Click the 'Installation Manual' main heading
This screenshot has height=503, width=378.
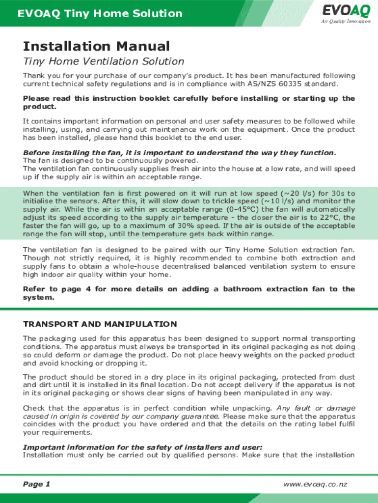pos(96,47)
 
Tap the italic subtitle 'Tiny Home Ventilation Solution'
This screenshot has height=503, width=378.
pos(104,62)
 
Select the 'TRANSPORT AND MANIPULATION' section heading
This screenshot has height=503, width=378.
pos(100,324)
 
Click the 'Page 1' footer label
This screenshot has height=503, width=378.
pos(37,484)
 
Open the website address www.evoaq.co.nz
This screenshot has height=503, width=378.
pos(315,484)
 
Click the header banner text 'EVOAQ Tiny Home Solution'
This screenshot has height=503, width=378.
pos(100,14)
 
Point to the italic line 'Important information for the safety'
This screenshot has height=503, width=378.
pos(142,447)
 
